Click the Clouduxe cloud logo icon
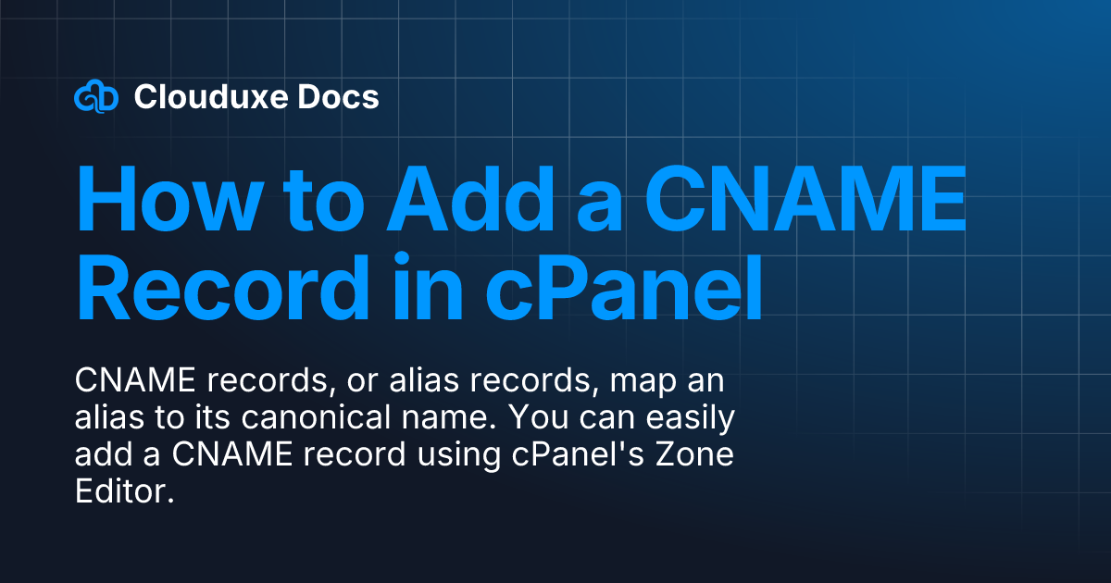pos(96,96)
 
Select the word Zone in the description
pos(693,456)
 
